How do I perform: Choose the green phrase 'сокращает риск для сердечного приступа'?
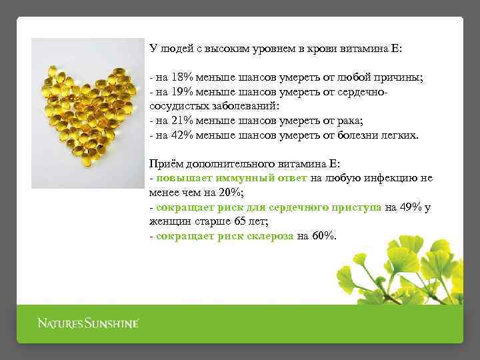pyautogui.click(x=269, y=207)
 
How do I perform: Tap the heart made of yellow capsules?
pyautogui.click(x=86, y=113)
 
